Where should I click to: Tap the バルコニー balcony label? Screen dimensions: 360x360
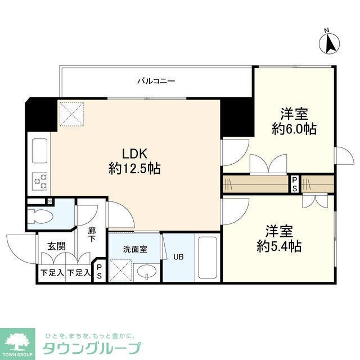[156, 81]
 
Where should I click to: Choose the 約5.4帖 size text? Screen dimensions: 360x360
[279, 246]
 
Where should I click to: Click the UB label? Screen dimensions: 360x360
[178, 258]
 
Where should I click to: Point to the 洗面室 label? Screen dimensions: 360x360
[135, 248]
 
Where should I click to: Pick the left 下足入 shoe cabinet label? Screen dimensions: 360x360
[51, 273]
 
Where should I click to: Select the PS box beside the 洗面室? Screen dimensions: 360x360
[100, 272]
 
